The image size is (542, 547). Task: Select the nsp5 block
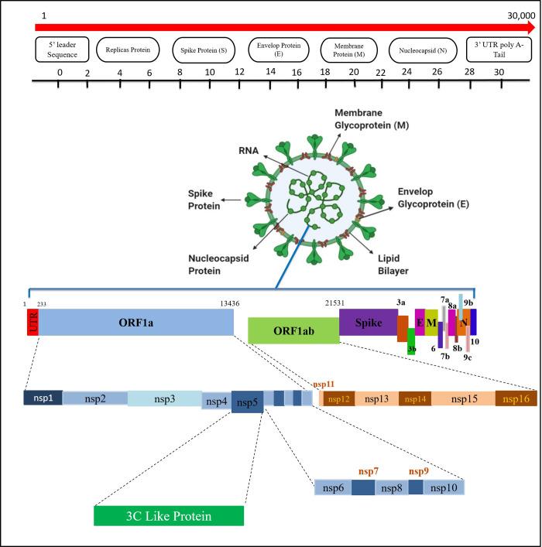coord(248,402)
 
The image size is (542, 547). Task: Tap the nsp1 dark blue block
coord(43,398)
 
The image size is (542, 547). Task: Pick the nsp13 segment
coord(378,398)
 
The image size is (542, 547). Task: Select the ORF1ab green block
coord(293,330)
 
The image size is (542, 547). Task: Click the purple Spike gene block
coord(369,319)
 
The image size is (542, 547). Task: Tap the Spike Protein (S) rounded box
coord(204,50)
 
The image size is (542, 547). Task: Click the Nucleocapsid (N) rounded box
coord(422,50)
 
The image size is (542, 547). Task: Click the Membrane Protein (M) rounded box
coord(349,50)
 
